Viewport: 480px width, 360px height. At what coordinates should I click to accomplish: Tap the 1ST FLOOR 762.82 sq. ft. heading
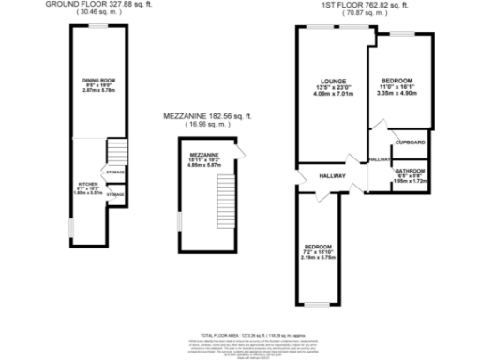point(363,5)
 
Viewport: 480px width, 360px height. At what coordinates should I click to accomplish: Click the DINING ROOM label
point(97,81)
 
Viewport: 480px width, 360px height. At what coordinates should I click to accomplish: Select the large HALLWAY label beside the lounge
point(331,175)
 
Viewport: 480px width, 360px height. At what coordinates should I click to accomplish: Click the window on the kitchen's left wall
point(72,228)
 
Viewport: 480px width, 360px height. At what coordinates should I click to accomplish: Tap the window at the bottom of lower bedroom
point(320,305)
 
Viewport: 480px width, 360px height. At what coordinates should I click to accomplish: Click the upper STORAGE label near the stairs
point(115,172)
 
